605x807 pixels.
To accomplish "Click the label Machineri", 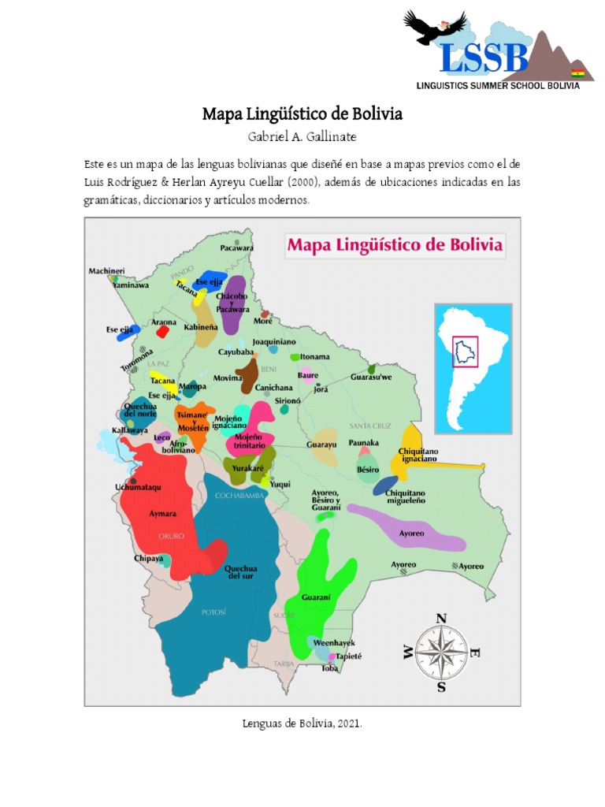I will pos(106,271).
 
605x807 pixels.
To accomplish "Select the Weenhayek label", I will pos(334,643).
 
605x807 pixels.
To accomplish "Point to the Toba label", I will pos(329,668).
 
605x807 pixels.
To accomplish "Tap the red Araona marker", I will pos(162,332).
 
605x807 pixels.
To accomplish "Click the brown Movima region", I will pos(249,376).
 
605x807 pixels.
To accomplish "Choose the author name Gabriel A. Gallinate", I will pos(302,137).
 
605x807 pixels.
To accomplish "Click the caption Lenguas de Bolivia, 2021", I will pos(302,723).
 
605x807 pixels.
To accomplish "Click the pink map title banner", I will pos(394,244).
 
